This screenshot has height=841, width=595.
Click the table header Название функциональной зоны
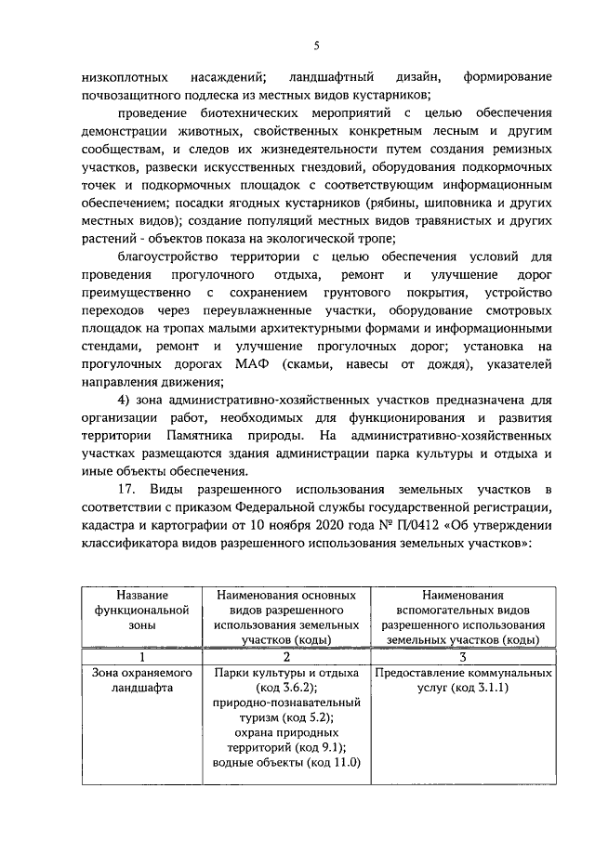coord(142,610)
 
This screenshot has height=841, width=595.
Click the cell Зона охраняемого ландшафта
coord(142,679)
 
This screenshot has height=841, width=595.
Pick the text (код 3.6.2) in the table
coord(286,687)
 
